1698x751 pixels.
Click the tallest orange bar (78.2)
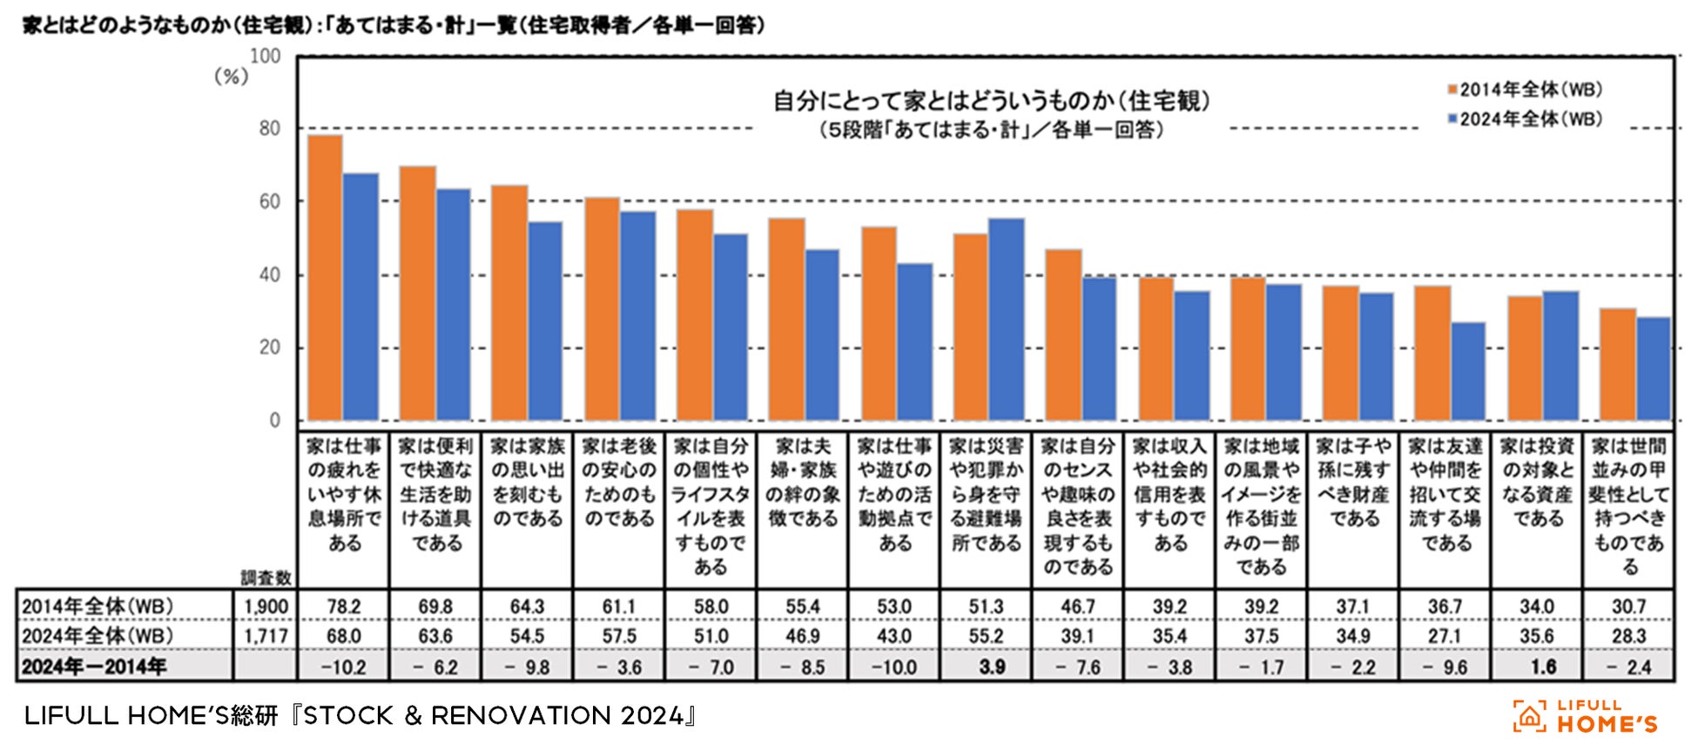coord(326,277)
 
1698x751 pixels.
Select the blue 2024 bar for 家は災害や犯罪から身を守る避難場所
coord(1007,319)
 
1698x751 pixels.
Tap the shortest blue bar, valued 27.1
coord(1468,371)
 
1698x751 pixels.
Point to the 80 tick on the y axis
coord(270,129)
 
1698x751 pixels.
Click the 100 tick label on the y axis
coord(266,57)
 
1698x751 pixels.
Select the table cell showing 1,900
coord(266,606)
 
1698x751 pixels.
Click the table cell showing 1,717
coord(266,636)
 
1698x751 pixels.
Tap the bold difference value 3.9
coord(986,666)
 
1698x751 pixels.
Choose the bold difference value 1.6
coord(1536,666)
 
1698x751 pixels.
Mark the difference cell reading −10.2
coord(344,667)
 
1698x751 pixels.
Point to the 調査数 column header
coord(266,578)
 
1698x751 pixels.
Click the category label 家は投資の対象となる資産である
coord(1537,482)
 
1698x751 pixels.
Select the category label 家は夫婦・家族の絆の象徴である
coord(802,482)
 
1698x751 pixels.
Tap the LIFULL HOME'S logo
coord(1585,716)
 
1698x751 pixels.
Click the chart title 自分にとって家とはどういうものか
coord(992,101)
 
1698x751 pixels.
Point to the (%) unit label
coord(232,77)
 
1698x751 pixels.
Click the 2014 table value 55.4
coord(802,606)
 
